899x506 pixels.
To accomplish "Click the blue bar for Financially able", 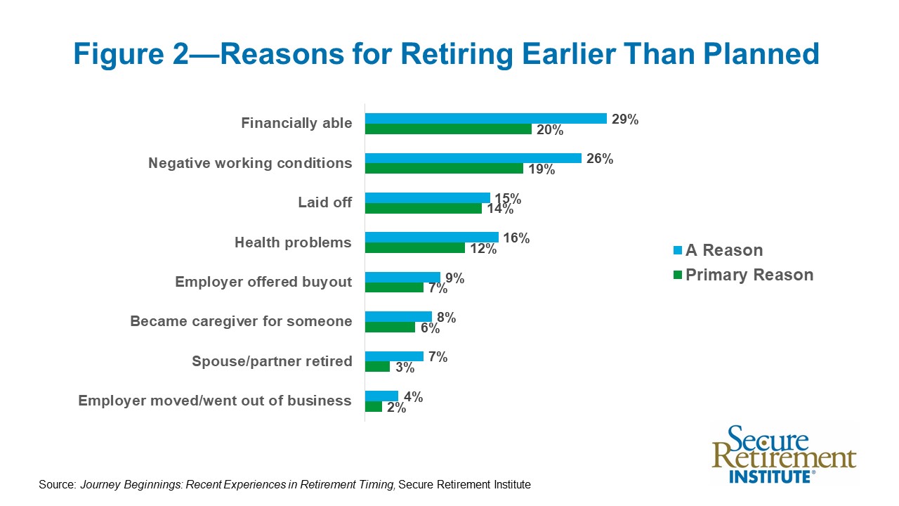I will pyautogui.click(x=485, y=118).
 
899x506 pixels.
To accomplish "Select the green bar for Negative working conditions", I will pyautogui.click(x=444, y=169).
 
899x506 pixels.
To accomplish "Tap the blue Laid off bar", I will pyautogui.click(x=427, y=197).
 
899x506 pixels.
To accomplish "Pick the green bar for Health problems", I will pyautogui.click(x=414, y=248).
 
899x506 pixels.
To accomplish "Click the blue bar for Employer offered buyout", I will pyautogui.click(x=402, y=277).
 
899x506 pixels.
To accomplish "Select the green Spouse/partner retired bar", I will pyautogui.click(x=377, y=367).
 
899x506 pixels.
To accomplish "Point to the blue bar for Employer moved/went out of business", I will pyautogui.click(x=381, y=396).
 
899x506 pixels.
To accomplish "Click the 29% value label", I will pyautogui.click(x=624, y=119).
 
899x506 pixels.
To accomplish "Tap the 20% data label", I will pyautogui.click(x=549, y=130).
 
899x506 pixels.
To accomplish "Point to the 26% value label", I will pyautogui.click(x=599, y=159).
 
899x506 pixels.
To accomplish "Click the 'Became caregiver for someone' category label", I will pyautogui.click(x=241, y=321).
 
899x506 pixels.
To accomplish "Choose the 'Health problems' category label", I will pyautogui.click(x=293, y=242).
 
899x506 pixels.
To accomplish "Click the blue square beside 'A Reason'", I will pyautogui.click(x=678, y=251).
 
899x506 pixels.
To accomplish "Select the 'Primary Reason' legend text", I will pyautogui.click(x=749, y=275).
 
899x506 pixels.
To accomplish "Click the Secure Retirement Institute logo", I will pyautogui.click(x=783, y=454).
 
